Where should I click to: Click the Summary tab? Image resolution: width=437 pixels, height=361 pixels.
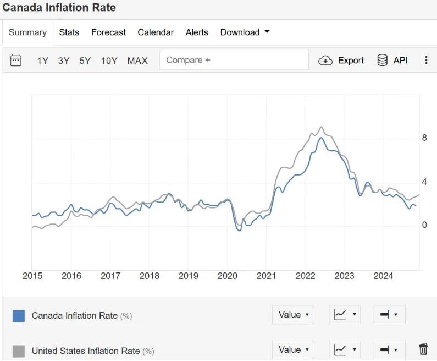[x=27, y=32]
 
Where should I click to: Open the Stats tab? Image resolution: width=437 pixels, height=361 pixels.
[x=69, y=32]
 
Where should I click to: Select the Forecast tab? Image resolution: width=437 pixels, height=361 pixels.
[x=108, y=32]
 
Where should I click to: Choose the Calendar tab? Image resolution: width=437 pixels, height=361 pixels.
[x=156, y=32]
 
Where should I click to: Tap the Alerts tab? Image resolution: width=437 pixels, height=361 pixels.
[x=197, y=32]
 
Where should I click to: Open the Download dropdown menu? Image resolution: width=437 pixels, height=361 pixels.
[x=245, y=32]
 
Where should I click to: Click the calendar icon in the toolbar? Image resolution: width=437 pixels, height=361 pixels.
[x=16, y=61]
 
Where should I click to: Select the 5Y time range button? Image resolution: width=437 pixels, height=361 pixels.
[x=85, y=61]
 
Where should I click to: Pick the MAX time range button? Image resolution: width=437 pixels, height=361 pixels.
[x=137, y=61]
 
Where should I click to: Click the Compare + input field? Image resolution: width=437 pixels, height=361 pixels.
[x=234, y=60]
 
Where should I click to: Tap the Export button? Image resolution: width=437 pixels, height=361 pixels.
[x=341, y=61]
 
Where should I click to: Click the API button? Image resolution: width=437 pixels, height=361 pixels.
[x=392, y=61]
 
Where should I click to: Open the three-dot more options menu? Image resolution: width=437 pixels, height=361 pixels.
[x=426, y=61]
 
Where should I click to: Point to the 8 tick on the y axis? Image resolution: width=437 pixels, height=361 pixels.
[x=424, y=138]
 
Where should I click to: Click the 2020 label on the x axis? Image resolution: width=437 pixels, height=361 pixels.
[x=228, y=276]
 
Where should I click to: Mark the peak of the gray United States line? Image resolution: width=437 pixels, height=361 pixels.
[x=322, y=127]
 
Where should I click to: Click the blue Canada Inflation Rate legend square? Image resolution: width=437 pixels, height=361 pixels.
[x=19, y=316]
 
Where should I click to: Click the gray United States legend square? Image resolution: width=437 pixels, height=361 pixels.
[x=19, y=351]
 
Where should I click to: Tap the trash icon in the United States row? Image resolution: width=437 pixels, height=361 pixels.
[x=423, y=349]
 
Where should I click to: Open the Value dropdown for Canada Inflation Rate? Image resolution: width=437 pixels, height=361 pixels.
[x=293, y=315]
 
